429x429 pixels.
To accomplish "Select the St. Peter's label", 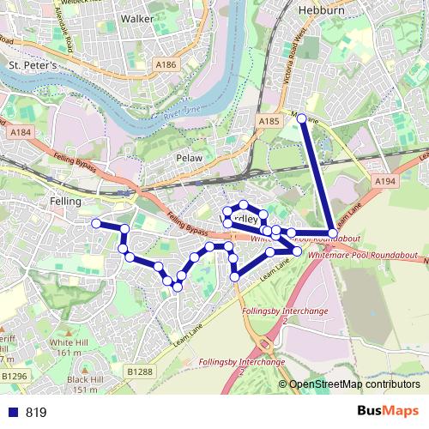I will [x=32, y=65].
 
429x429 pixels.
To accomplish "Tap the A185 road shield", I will [x=269, y=124].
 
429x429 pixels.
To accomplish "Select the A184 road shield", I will [x=21, y=132].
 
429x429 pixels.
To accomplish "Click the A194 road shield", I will [x=384, y=182].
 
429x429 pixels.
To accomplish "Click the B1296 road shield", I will [x=14, y=376].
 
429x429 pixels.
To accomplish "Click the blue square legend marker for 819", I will [x=9, y=413].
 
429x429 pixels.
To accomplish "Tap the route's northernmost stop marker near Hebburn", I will [x=301, y=118].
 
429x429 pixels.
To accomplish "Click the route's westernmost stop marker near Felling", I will [x=96, y=223].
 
